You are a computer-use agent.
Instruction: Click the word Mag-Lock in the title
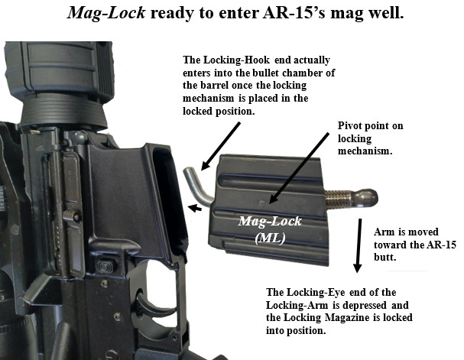tap(106, 13)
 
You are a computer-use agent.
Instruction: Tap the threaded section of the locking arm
tap(337, 198)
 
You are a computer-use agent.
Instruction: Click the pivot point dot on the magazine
tap(262, 203)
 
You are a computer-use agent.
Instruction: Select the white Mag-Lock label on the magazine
tap(270, 221)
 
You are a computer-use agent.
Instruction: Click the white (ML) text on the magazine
tap(270, 238)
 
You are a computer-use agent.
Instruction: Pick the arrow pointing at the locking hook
tap(220, 147)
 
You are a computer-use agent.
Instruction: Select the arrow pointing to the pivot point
tap(298, 168)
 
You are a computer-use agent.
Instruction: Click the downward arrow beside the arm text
tap(359, 245)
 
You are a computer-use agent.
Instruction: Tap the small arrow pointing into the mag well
tap(195, 208)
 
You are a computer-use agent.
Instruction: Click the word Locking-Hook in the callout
tap(235, 60)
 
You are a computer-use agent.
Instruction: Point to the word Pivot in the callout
tap(350, 126)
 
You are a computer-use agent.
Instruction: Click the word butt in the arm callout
tap(385, 257)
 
